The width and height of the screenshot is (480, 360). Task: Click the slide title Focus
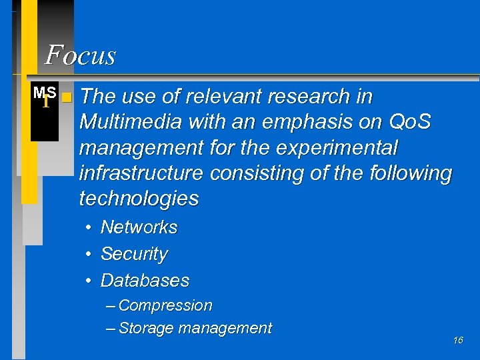pyautogui.click(x=80, y=55)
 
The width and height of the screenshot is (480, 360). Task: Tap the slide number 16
pyautogui.click(x=458, y=341)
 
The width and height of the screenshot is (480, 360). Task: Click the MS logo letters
pyautogui.click(x=45, y=92)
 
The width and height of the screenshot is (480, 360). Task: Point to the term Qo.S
pyautogui.click(x=409, y=123)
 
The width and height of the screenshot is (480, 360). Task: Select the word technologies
pyautogui.click(x=139, y=199)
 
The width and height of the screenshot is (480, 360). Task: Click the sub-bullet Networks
pyautogui.click(x=139, y=227)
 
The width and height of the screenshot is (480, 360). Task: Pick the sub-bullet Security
pyautogui.click(x=134, y=254)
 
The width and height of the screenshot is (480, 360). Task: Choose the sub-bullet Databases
pyautogui.click(x=145, y=281)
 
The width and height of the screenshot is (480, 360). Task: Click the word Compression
pyautogui.click(x=165, y=306)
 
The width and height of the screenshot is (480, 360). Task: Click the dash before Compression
pyautogui.click(x=110, y=306)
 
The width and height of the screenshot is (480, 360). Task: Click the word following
pyautogui.click(x=410, y=173)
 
